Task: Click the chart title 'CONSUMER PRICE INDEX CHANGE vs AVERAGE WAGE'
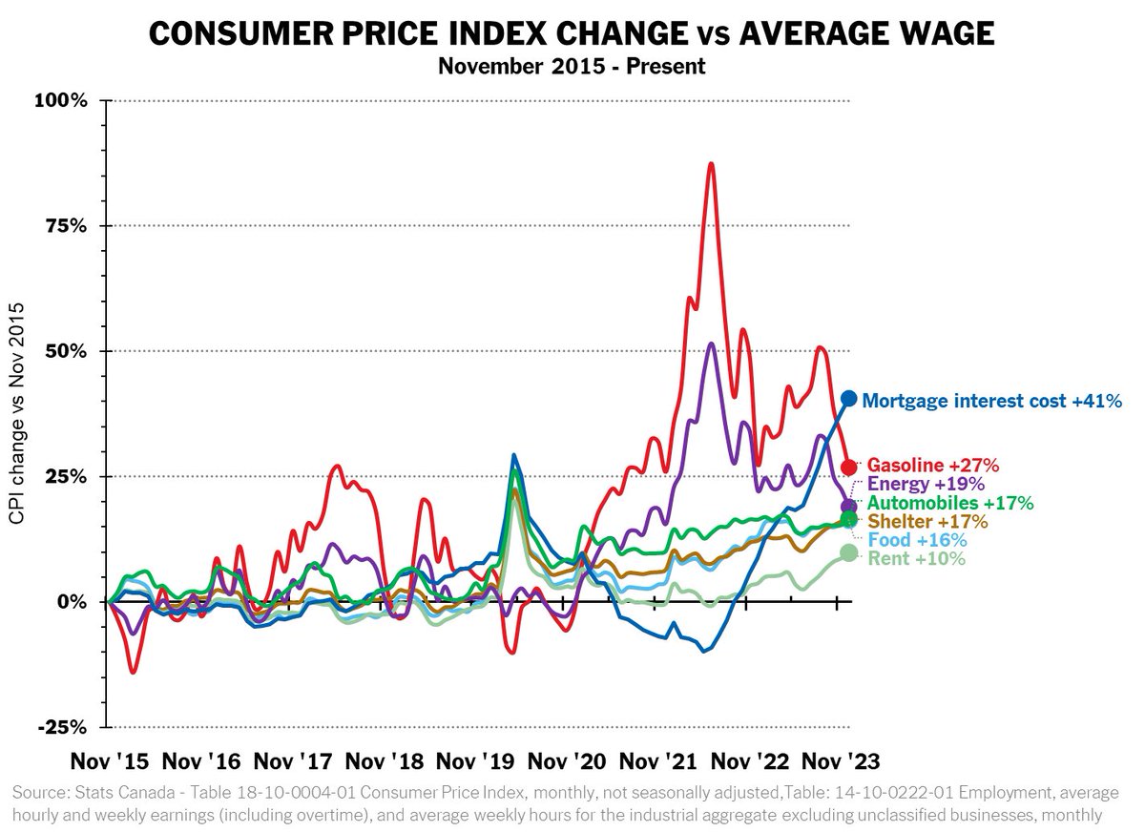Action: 572,34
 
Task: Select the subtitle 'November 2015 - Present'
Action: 572,67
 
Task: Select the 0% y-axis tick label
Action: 73,602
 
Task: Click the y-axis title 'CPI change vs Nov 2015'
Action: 17,412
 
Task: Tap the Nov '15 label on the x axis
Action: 110,761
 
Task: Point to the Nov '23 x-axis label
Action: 837,761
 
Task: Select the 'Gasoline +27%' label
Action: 933,466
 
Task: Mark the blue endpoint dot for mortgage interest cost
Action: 848,399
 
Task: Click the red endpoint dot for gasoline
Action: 849,467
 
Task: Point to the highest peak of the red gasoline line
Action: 711,164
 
